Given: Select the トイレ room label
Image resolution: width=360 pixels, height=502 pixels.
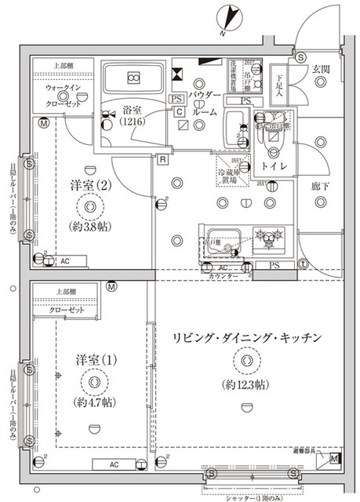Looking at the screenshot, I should pyautogui.click(x=273, y=167).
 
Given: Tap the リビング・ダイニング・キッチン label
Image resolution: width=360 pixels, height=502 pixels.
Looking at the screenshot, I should pyautogui.click(x=249, y=337).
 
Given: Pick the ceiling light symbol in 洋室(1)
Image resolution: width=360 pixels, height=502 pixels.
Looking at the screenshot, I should pyautogui.click(x=95, y=381).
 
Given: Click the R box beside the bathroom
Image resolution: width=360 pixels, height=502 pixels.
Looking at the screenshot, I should pyautogui.click(x=161, y=161).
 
